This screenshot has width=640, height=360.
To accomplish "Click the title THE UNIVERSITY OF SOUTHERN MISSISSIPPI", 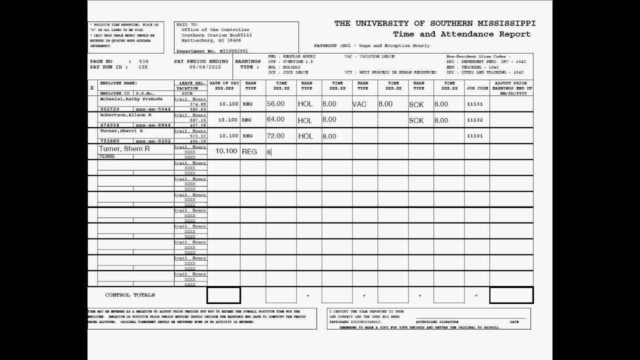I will [434, 23].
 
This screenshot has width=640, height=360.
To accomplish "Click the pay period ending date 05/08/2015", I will [204, 67].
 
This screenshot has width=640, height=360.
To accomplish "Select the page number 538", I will [143, 61].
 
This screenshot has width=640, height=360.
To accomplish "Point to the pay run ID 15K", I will [143, 67].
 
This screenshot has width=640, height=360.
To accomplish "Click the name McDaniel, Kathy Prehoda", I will [131, 99].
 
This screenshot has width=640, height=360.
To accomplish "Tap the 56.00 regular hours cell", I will [275, 104].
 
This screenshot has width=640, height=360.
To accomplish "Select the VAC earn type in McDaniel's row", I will [359, 104].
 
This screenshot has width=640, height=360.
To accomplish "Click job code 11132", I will [474, 120].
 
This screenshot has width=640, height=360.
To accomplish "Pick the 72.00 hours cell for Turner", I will [275, 136].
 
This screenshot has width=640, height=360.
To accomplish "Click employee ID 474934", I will [109, 125].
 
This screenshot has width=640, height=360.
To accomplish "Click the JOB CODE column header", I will [477, 88].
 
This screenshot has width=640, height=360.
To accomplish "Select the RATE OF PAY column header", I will [224, 83].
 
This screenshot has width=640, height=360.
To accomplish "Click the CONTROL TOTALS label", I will [130, 295].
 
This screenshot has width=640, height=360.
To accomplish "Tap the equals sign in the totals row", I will [476, 295].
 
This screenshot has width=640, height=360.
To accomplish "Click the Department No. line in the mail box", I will [212, 51].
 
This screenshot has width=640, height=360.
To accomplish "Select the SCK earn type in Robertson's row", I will [416, 120].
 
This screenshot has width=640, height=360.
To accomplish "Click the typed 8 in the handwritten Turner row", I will [268, 151].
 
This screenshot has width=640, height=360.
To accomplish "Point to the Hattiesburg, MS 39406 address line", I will [211, 40].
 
